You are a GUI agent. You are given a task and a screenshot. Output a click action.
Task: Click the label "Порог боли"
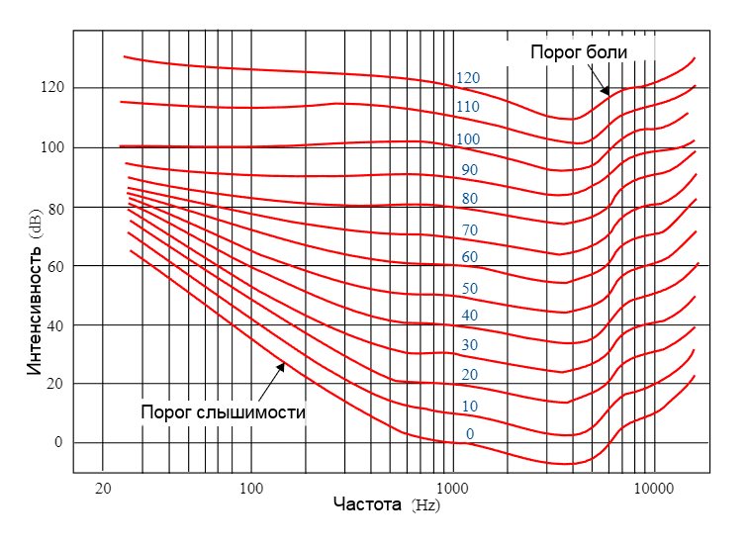tap(579, 51)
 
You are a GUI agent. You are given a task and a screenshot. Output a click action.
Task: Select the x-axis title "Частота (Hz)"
tap(387, 503)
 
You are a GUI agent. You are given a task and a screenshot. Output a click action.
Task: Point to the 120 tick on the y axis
tap(51, 88)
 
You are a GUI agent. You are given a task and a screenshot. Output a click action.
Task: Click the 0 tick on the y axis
tap(58, 442)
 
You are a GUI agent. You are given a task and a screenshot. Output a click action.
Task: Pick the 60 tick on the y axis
tap(54, 265)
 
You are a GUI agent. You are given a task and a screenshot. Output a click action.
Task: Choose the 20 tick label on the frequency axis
tap(103, 488)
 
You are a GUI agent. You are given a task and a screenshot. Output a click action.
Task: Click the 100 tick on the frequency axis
tap(251, 488)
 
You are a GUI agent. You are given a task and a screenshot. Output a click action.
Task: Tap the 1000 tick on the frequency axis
tap(452, 488)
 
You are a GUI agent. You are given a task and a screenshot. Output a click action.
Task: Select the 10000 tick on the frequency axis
tap(653, 488)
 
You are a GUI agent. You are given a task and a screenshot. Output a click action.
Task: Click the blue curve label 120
tap(468, 78)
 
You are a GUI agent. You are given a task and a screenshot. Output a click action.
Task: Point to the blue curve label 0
tap(470, 434)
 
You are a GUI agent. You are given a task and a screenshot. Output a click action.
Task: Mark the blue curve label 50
tap(470, 288)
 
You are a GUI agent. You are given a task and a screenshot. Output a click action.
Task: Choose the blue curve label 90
tap(470, 170)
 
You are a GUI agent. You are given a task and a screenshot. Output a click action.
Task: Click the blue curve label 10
tap(470, 407)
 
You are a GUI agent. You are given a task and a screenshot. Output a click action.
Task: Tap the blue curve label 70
tap(470, 229)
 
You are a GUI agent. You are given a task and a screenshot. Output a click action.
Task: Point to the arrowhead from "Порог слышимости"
tap(282, 364)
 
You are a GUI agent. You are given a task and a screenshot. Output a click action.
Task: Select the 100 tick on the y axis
tap(51, 147)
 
